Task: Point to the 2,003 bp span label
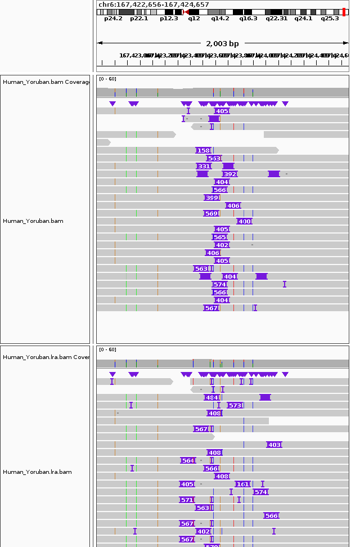[222, 43]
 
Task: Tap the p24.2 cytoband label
[113, 18]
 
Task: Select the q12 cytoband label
[194, 18]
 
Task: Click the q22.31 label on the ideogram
[276, 18]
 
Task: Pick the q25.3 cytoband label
[330, 18]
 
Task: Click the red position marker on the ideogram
[344, 12]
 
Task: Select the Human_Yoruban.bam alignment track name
[33, 221]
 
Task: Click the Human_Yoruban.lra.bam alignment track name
[37, 472]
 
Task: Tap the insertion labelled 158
[203, 150]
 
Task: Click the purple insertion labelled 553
[214, 158]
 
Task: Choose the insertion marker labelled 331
[204, 166]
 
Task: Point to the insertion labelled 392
[229, 174]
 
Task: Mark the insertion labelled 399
[211, 198]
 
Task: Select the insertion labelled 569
[211, 213]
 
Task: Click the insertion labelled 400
[244, 221]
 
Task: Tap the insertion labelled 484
[211, 397]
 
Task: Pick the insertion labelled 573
[235, 405]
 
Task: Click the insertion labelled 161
[242, 484]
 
